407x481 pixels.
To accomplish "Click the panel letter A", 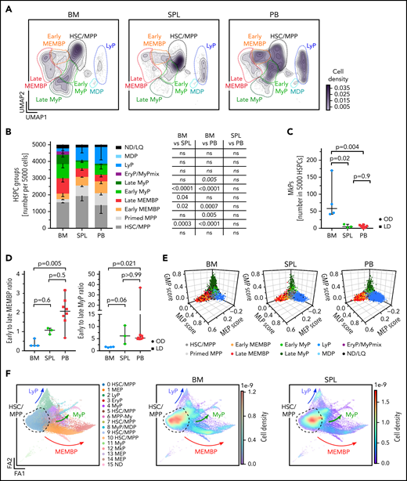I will click(x=7, y=6).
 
